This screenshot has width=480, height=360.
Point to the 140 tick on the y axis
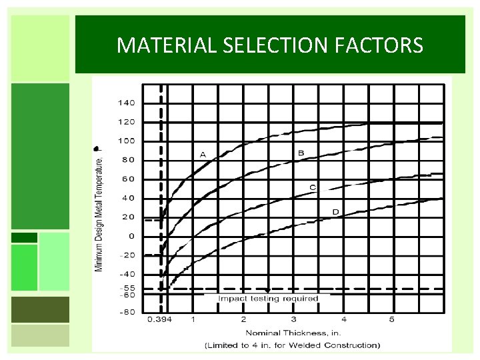tap(126, 103)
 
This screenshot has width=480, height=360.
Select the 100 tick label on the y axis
tap(126, 141)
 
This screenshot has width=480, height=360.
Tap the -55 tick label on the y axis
tap(126, 287)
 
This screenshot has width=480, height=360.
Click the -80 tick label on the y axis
tap(126, 312)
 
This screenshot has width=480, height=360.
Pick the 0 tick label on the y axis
tap(131, 236)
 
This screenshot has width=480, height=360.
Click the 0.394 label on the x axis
tap(160, 320)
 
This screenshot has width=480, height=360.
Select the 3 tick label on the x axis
tap(294, 320)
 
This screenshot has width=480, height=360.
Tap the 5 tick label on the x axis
tap(392, 320)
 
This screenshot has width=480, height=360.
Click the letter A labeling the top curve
tap(203, 155)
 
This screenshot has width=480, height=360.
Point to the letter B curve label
tap(301, 153)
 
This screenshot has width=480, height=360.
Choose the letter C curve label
tap(313, 187)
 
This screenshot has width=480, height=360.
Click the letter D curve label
tap(335, 212)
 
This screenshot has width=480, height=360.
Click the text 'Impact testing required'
tap(269, 299)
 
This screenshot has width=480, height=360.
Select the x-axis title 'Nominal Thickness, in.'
tap(293, 333)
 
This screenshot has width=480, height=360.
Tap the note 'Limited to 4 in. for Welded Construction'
tap(293, 345)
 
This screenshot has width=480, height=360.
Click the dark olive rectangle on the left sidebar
tap(40, 309)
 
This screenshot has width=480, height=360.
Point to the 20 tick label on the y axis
tap(129, 217)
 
